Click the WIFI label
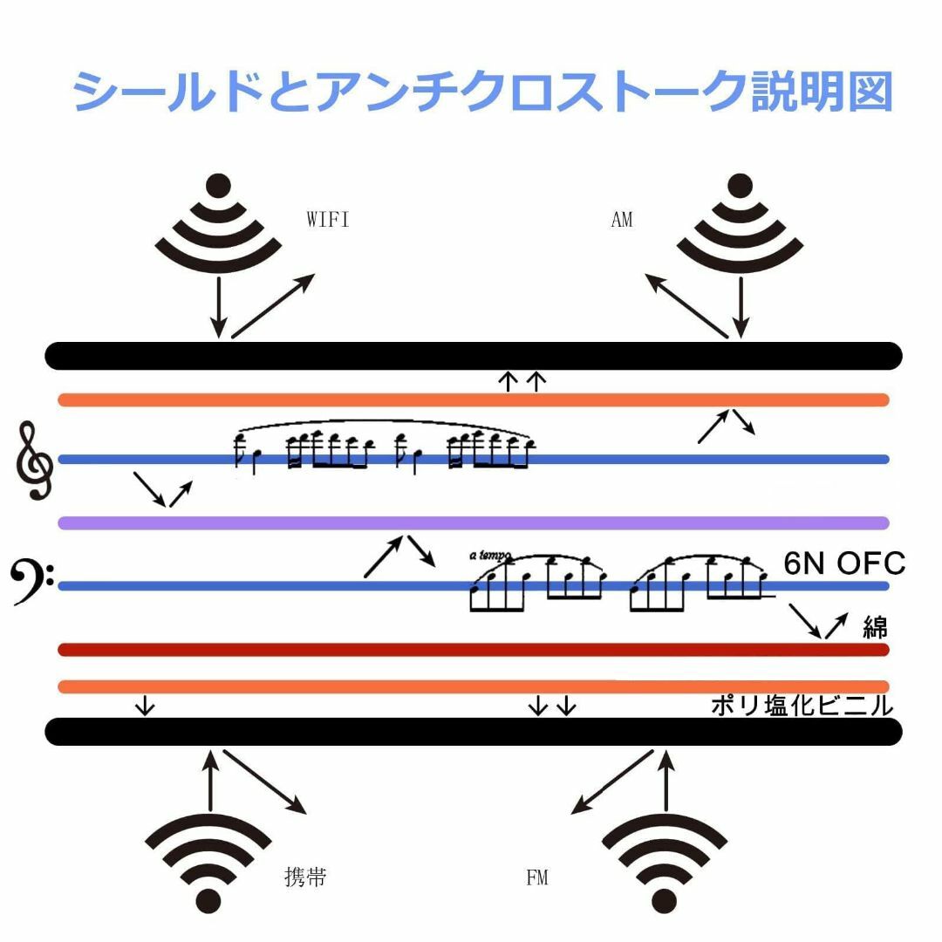(x=327, y=219)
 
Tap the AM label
(x=622, y=219)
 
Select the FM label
(x=537, y=877)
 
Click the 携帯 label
(x=305, y=877)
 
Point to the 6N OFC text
(x=844, y=563)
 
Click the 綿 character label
(x=876, y=628)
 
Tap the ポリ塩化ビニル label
(x=802, y=706)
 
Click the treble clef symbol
(x=34, y=461)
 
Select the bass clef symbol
(x=31, y=582)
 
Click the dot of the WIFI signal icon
(x=218, y=186)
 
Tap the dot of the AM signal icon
(x=741, y=186)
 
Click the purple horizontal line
(x=474, y=523)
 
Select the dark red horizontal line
(x=474, y=650)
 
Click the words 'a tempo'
(x=489, y=556)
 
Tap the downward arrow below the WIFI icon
(x=219, y=307)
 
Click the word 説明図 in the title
(x=822, y=92)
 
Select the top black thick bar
(x=474, y=356)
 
